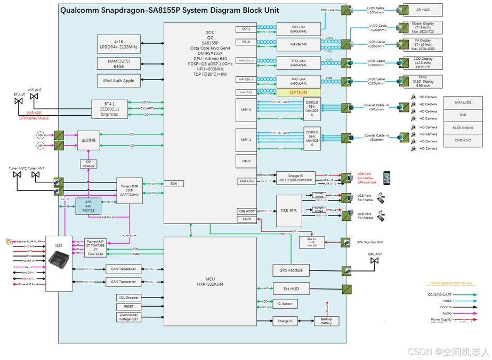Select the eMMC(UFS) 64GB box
tap(118, 63)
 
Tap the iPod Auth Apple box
tap(118, 81)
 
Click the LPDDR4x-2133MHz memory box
tap(118, 44)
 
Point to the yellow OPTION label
tap(299, 92)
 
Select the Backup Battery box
tap(326, 321)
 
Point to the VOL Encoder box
tap(128, 297)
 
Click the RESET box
tap(128, 307)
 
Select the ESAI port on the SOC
tap(174, 183)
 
